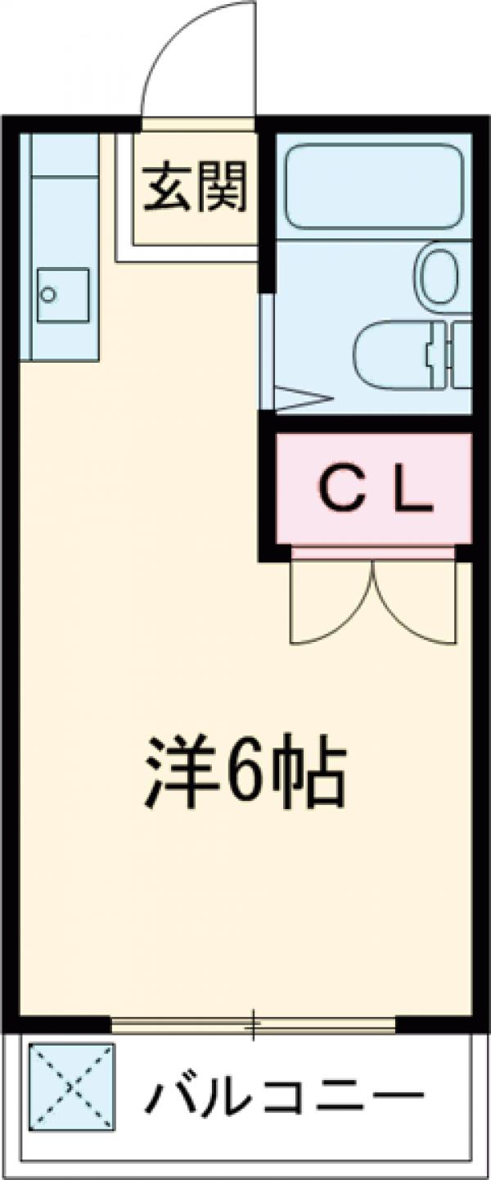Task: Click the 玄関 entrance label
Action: (x=196, y=189)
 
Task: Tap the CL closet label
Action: (x=373, y=491)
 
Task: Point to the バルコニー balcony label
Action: (x=286, y=1096)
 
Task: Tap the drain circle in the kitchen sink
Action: (x=49, y=293)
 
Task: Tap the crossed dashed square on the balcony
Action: (x=72, y=1087)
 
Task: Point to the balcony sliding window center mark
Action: (x=254, y=1024)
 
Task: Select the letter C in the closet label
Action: (x=336, y=491)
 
